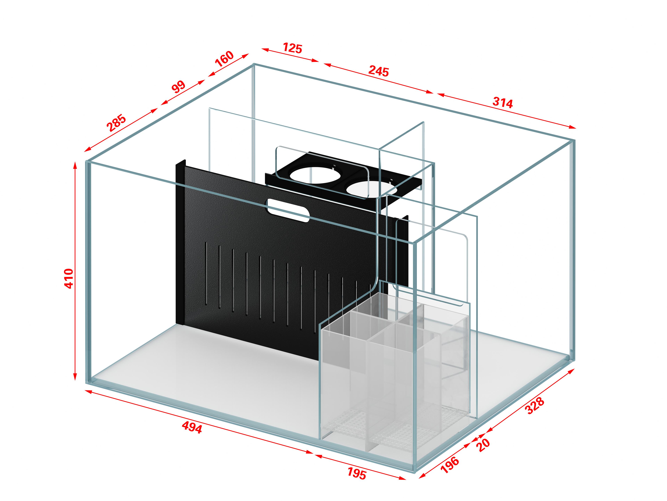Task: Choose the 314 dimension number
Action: (x=503, y=103)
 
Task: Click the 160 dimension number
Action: (x=224, y=59)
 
